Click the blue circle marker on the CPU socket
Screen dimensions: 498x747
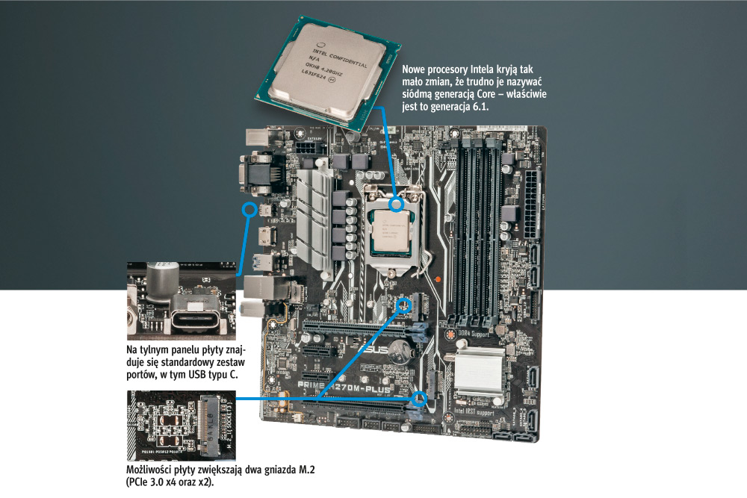point(397,202)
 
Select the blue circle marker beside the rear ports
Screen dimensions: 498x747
point(249,209)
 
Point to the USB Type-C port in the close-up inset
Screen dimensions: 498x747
point(197,317)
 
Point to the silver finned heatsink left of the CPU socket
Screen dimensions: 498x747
point(314,217)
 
